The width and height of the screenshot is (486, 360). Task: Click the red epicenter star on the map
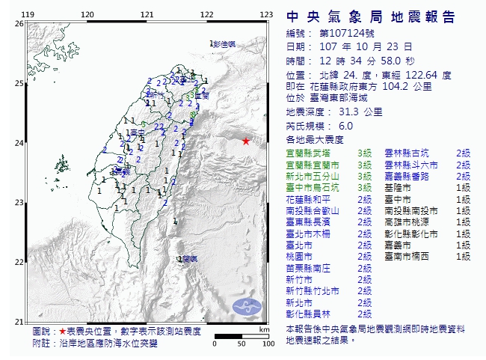pyautogui.click(x=246, y=141)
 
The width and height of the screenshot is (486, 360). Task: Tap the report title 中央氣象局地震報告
pyautogui.click(x=371, y=17)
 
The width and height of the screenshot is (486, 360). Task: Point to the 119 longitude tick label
pyautogui.click(x=28, y=15)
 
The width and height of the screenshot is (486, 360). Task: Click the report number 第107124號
pyautogui.click(x=342, y=34)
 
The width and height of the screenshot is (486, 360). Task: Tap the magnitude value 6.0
pyautogui.click(x=346, y=127)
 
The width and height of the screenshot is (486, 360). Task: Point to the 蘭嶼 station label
pyautogui.click(x=188, y=259)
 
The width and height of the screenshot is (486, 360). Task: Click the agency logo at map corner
pyautogui.click(x=245, y=307)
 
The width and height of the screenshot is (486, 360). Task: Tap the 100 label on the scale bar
pyautogui.click(x=267, y=344)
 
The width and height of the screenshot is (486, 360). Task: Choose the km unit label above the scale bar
pyautogui.click(x=264, y=329)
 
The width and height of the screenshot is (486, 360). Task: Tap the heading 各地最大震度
pyautogui.click(x=314, y=140)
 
